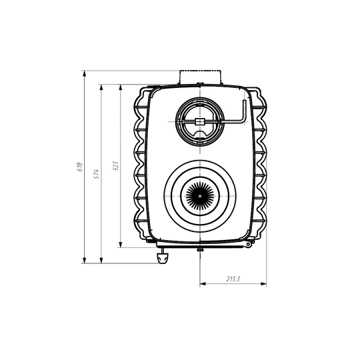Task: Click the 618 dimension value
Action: (80, 167)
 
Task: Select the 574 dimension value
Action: (97, 174)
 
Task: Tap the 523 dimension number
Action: (116, 165)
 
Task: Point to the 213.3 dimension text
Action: (233, 279)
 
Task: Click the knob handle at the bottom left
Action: (163, 258)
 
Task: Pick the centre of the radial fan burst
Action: (200, 196)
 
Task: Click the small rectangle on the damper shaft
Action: (199, 121)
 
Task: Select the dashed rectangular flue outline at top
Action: (200, 77)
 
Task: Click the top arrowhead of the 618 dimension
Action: (85, 73)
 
